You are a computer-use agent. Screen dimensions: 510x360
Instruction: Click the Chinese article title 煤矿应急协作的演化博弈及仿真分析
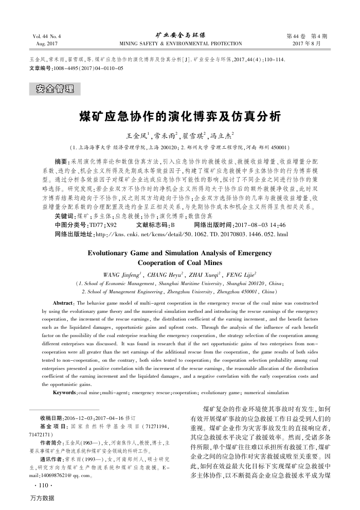[179, 116]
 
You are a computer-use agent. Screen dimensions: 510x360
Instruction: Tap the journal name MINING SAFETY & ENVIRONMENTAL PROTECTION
[180, 44]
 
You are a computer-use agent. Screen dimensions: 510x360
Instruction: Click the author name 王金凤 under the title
[138, 136]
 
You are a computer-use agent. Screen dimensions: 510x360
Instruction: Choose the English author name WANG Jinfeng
[122, 274]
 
